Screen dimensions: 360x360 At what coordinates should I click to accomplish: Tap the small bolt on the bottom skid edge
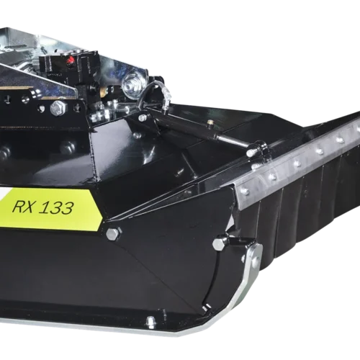[x=150, y=320]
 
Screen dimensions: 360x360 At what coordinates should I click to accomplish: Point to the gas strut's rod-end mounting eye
[x=251, y=152]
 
